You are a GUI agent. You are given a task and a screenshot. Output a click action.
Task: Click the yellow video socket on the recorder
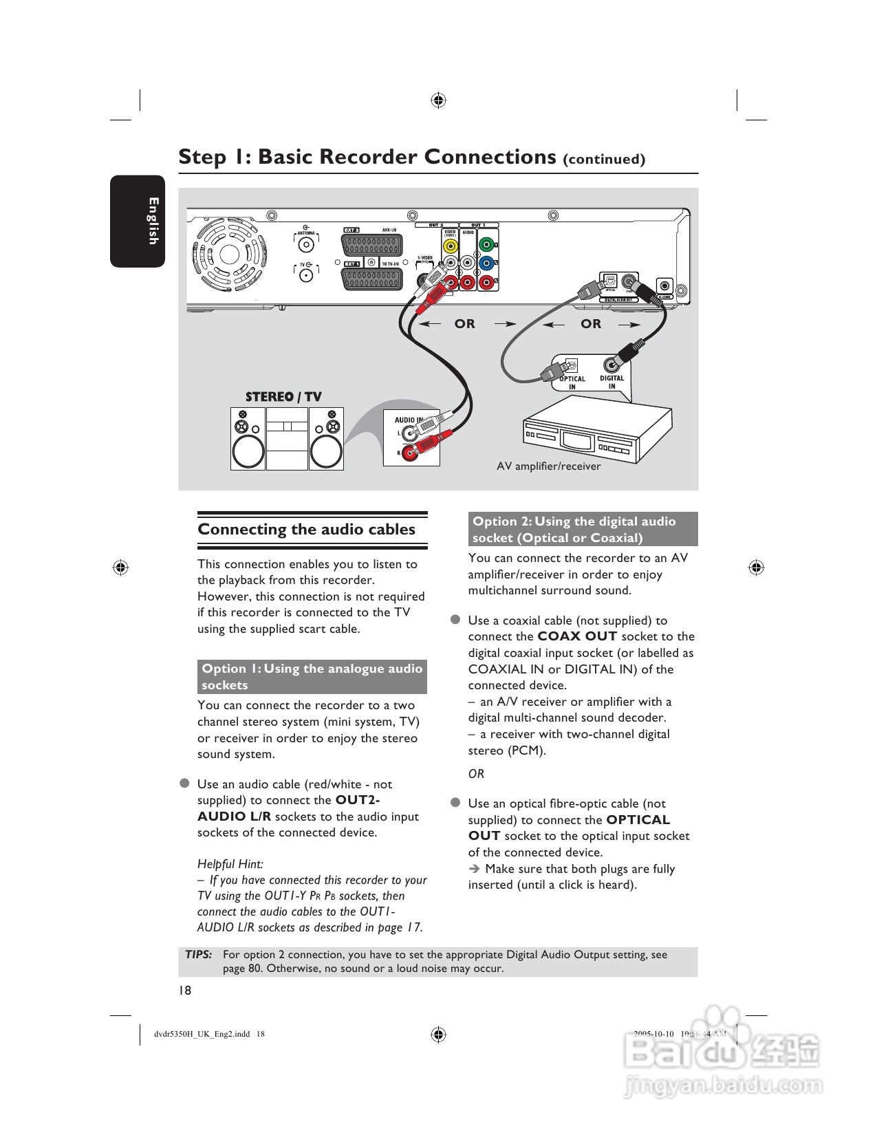point(450,245)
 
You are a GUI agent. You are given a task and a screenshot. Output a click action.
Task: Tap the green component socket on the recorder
point(486,244)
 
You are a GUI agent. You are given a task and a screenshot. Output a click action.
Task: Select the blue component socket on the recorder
point(486,263)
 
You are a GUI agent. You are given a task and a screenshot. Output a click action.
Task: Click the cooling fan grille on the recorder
point(229,255)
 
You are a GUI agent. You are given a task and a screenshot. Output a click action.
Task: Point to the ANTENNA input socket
point(306,245)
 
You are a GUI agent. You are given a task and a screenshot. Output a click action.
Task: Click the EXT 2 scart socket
point(371,246)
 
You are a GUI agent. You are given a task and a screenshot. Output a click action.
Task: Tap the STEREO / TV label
point(283,397)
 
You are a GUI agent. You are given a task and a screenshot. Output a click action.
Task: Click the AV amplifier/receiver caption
point(548,466)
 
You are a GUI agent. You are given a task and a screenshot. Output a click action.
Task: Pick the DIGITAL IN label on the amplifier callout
point(611,382)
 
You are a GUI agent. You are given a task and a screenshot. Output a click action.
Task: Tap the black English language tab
point(138,221)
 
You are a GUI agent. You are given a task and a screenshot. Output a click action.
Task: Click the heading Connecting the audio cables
point(306,530)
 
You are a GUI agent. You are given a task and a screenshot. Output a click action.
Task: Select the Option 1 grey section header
point(312,677)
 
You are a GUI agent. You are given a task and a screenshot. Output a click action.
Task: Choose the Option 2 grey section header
point(583,530)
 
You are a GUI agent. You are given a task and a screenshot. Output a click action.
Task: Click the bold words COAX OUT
point(576,636)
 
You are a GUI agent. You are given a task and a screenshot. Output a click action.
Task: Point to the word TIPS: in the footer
point(199,955)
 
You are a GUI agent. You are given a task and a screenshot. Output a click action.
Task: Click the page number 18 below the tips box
point(185,991)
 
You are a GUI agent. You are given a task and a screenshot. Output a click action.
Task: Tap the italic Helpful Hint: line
point(230,864)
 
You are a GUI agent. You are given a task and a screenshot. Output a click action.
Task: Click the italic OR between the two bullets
point(476,774)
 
